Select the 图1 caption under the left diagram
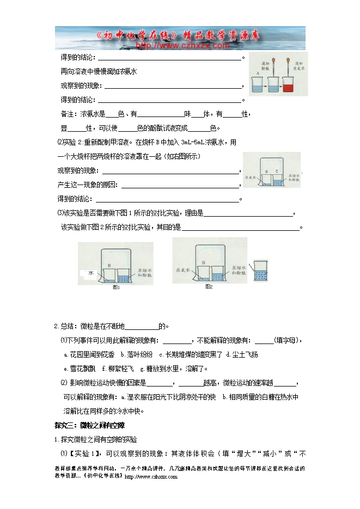[x=116, y=287]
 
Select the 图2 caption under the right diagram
[x=209, y=286]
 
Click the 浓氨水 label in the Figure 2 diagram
[x=181, y=269]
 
